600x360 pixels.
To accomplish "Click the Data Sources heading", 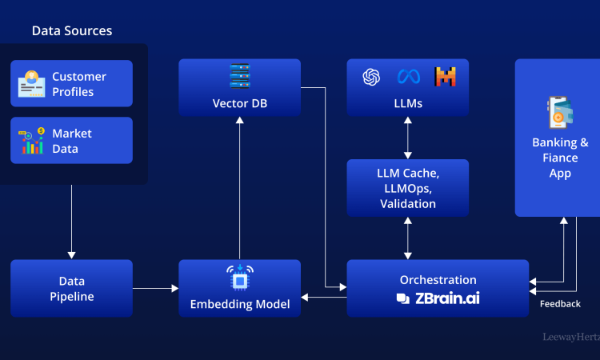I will [x=72, y=31].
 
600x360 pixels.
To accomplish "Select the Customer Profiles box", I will [x=72, y=84].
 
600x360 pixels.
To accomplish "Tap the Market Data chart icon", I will [x=32, y=141].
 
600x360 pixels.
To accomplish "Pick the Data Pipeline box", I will [x=72, y=288].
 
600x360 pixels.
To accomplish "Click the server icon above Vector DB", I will [x=240, y=77].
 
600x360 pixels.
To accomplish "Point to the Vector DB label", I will [x=240, y=103].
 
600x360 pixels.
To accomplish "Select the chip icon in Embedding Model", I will [x=240, y=277].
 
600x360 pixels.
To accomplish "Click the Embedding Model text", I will [x=240, y=304].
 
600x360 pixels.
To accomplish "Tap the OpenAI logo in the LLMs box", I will [x=371, y=77].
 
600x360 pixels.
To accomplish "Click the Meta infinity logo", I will [x=409, y=77].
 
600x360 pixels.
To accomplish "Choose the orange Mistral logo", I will [x=445, y=77].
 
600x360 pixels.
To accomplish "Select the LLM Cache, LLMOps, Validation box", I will [x=408, y=188].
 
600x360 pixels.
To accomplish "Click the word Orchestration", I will [x=438, y=280].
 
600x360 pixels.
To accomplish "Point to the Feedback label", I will [x=560, y=304].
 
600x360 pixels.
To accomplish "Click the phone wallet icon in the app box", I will [x=560, y=113].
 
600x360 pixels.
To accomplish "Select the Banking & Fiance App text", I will [x=560, y=158].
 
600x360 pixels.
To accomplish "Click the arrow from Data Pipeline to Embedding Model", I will [x=155, y=288].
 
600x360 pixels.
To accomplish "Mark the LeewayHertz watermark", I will [x=571, y=338].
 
